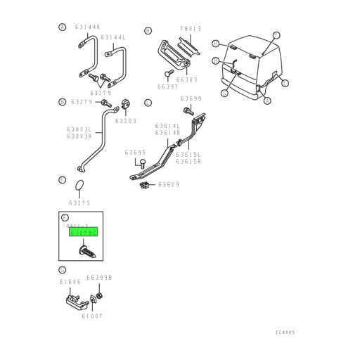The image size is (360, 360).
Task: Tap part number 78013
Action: point(190,29)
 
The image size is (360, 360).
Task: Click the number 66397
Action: point(167,86)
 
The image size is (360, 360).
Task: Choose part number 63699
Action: point(191,98)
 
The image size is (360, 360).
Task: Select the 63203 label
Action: point(126,121)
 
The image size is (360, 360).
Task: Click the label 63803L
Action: point(79,129)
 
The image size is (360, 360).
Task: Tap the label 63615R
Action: point(188,161)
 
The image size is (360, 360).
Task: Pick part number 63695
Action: point(135,152)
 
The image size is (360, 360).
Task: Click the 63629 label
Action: point(169,185)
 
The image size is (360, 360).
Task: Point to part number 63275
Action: point(79,203)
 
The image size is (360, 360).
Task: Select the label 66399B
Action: point(99,277)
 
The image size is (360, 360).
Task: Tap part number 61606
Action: point(70,281)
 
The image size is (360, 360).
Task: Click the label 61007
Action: point(91,316)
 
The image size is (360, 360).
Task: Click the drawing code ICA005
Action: point(285,333)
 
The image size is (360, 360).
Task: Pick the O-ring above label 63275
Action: point(80,186)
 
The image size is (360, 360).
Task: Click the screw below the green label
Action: point(84,250)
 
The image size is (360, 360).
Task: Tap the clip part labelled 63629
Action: point(144,185)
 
